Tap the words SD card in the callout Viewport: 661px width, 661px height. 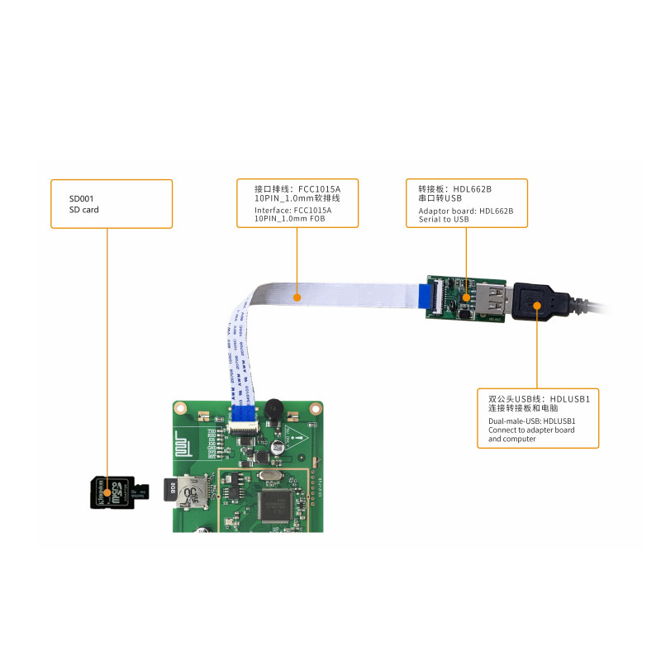[x=84, y=210]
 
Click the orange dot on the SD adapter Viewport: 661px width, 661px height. [x=107, y=492]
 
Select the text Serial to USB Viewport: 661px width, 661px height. [x=437, y=220]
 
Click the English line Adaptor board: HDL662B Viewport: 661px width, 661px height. [x=459, y=210]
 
